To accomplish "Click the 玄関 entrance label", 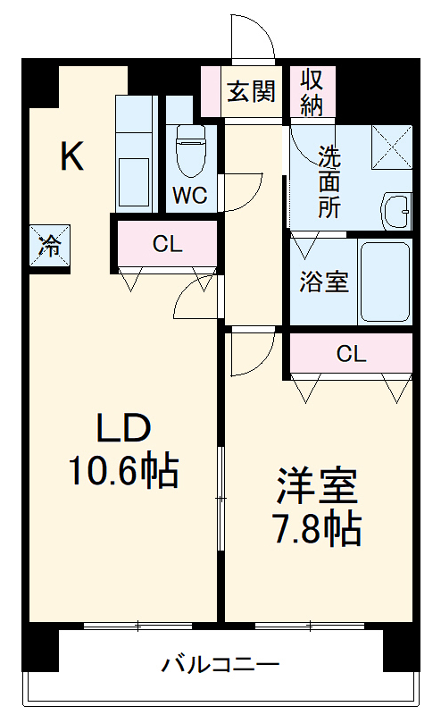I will (x=250, y=91).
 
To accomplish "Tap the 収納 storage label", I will (x=312, y=91).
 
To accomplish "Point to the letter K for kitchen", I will (x=71, y=157).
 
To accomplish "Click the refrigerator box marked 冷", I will (x=51, y=243).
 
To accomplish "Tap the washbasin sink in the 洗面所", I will (x=396, y=211).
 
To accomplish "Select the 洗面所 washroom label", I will (x=331, y=181).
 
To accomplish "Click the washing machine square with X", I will (x=391, y=145).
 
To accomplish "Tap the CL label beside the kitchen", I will (x=167, y=243).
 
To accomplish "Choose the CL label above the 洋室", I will (x=351, y=354).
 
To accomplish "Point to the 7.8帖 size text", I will (x=317, y=529).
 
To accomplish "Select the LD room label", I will (x=123, y=430).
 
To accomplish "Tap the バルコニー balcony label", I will (x=220, y=665).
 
